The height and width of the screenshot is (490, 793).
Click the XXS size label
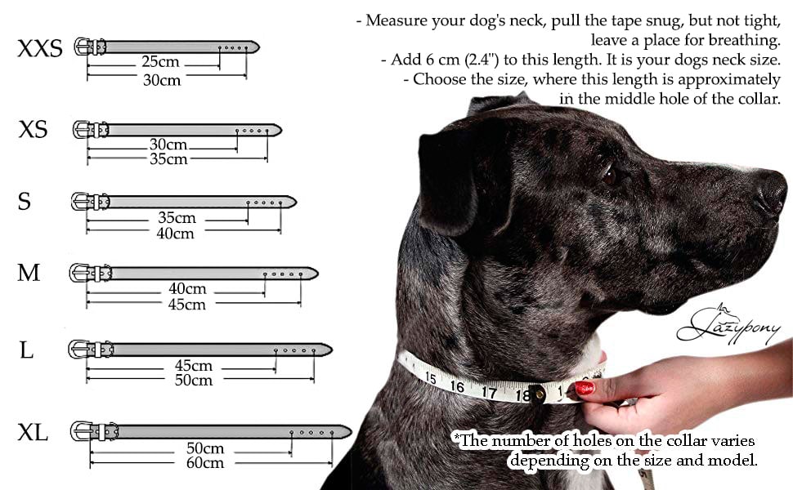(40, 48)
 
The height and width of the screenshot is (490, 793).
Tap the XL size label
(33, 433)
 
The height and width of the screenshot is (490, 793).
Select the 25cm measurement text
(160, 61)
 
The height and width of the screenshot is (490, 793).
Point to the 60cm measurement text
(205, 463)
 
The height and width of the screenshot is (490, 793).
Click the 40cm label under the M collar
(187, 289)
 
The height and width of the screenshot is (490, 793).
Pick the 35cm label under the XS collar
(168, 159)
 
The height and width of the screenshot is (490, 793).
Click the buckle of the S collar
(81, 202)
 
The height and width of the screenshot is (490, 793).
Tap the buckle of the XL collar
(81, 431)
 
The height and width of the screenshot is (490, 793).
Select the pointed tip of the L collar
(332, 350)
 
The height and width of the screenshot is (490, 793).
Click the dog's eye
(609, 176)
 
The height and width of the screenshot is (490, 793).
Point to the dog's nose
(773, 192)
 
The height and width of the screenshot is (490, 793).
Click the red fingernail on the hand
(585, 388)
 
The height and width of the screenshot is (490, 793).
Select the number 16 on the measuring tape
(457, 386)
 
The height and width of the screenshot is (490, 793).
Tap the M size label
(29, 274)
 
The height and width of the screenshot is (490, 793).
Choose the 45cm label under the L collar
(193, 366)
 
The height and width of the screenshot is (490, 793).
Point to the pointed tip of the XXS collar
(259, 47)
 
